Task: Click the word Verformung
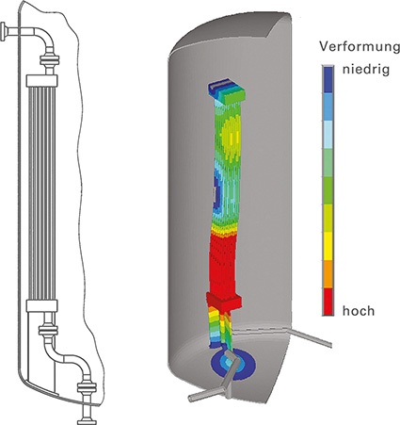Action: (360, 47)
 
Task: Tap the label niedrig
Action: (366, 70)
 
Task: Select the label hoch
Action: (359, 311)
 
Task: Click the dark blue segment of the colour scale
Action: (328, 79)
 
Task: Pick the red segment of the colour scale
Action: (328, 302)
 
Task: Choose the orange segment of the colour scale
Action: (328, 274)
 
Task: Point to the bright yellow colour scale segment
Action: (328, 246)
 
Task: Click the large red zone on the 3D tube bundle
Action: (224, 264)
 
